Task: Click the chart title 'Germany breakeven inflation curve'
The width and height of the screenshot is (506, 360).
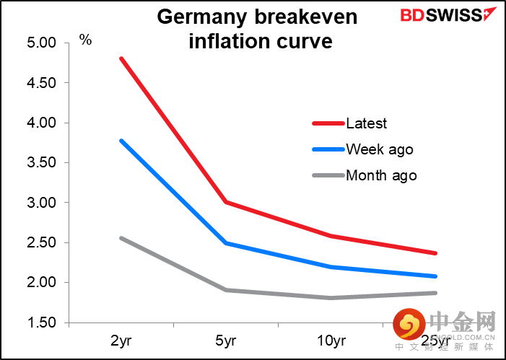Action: [x=258, y=29]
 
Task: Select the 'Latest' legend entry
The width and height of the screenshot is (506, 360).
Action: [x=366, y=123]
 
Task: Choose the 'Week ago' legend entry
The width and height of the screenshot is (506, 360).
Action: [x=380, y=149]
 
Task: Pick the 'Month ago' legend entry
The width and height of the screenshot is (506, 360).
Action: [x=381, y=175]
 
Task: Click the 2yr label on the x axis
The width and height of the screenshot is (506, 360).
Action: [x=121, y=338]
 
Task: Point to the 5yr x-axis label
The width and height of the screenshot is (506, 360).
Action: [x=225, y=338]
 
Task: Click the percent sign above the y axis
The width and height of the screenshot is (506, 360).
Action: [x=85, y=40]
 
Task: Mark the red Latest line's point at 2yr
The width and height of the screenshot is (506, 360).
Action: [x=121, y=58]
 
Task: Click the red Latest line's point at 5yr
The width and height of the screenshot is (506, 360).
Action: [x=225, y=202]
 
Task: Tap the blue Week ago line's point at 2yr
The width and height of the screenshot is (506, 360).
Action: [x=121, y=141]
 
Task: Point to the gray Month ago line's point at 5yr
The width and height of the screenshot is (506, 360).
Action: [x=225, y=290]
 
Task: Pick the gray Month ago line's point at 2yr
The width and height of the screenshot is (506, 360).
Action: [x=121, y=238]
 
